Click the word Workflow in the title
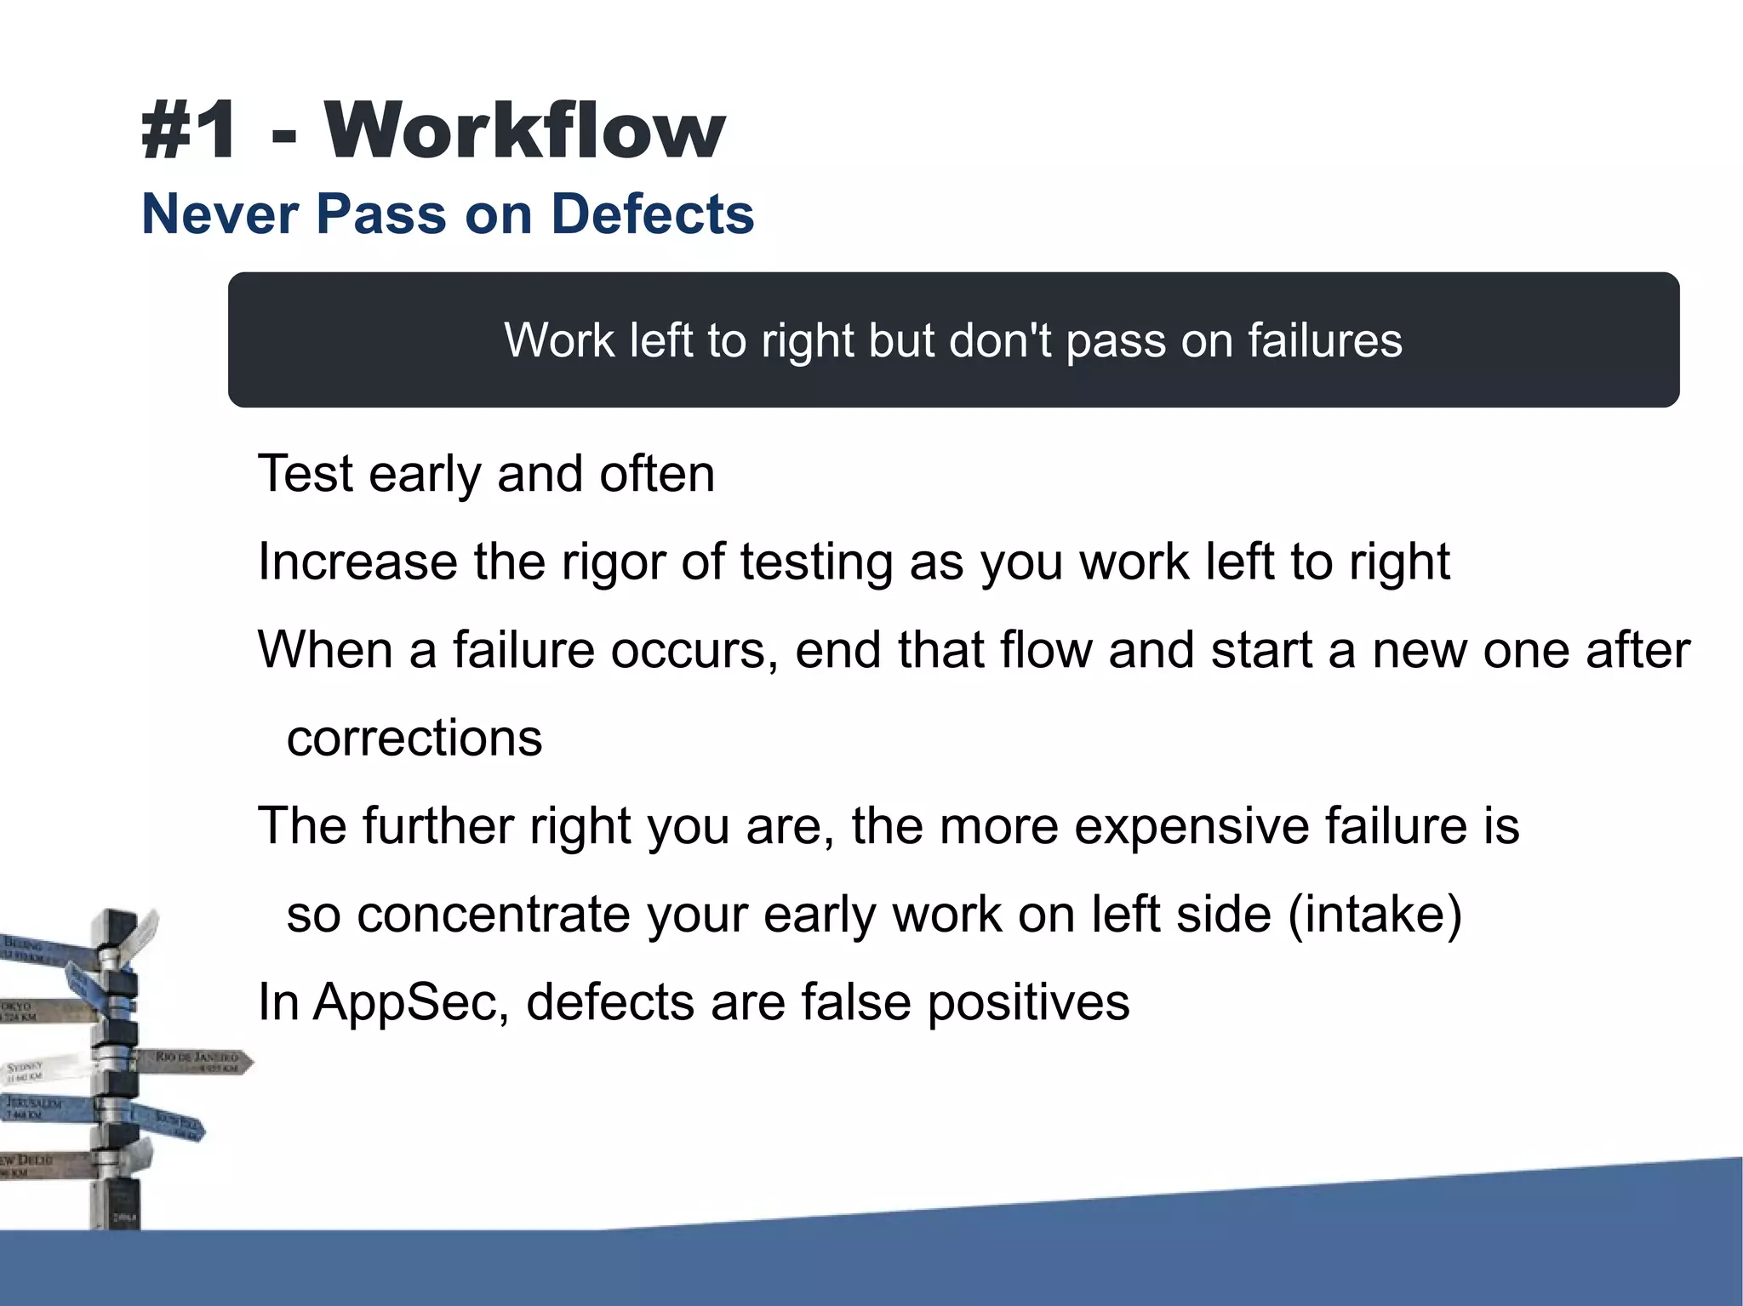(x=524, y=130)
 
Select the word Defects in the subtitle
(x=653, y=214)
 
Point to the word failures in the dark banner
(x=1324, y=340)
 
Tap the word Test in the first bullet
(x=305, y=473)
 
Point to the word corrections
(x=414, y=738)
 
